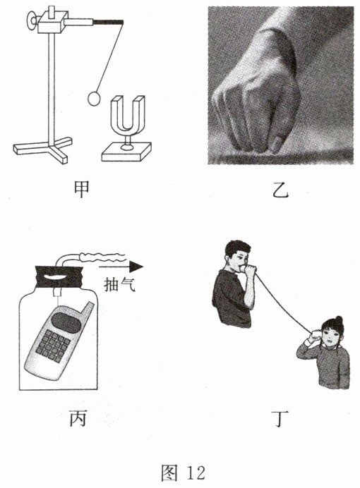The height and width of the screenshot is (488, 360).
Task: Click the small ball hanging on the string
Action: (94, 99)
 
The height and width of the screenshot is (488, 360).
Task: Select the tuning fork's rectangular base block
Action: (126, 153)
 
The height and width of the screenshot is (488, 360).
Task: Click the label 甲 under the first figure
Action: (82, 188)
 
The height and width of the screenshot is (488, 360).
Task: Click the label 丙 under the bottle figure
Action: (78, 419)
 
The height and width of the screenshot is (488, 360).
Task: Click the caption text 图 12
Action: (183, 472)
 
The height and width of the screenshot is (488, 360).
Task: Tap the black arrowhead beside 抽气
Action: (136, 267)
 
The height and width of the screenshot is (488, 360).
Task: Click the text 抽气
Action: (120, 284)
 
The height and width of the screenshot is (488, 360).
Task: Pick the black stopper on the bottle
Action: (59, 277)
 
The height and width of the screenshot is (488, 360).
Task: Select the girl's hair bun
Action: (339, 319)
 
